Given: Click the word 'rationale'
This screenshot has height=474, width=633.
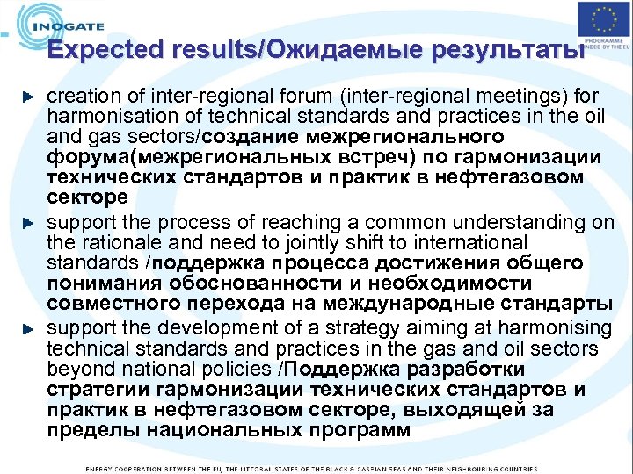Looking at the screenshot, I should (x=113, y=242).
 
